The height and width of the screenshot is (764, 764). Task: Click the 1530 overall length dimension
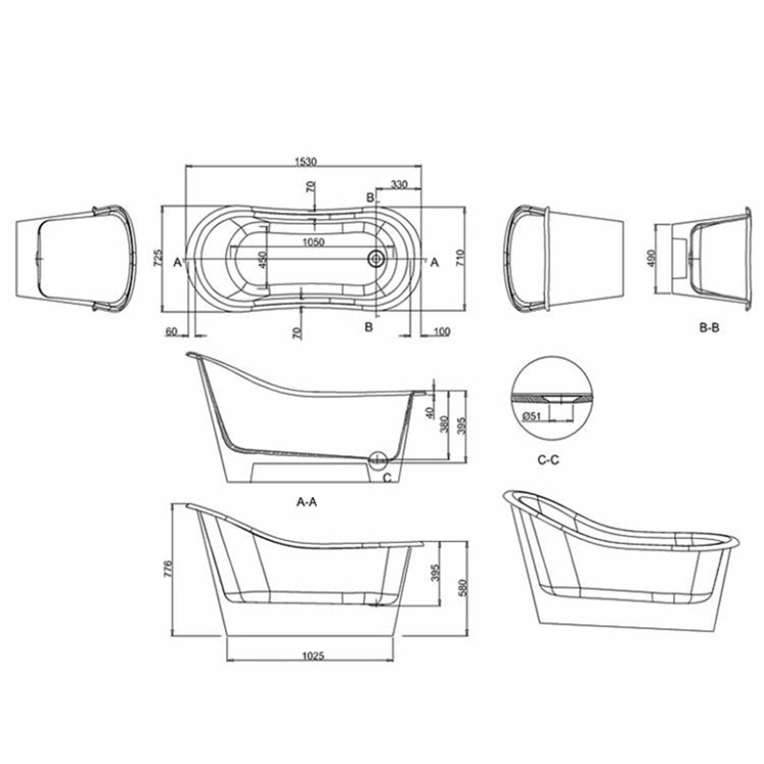pos(306,162)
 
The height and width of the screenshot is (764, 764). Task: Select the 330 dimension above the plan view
pos(399,185)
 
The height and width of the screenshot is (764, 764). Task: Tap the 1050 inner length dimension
pos(313,242)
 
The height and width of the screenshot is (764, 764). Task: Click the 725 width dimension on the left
pos(158,258)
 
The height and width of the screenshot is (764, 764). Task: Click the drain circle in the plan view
pos(376,259)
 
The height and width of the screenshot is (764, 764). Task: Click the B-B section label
pos(709,328)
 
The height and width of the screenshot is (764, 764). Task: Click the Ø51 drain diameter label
pos(531,416)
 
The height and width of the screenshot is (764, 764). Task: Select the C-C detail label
pos(549,460)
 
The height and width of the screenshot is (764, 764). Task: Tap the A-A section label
pos(307,502)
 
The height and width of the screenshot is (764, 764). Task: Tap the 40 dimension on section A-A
pos(431,413)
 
